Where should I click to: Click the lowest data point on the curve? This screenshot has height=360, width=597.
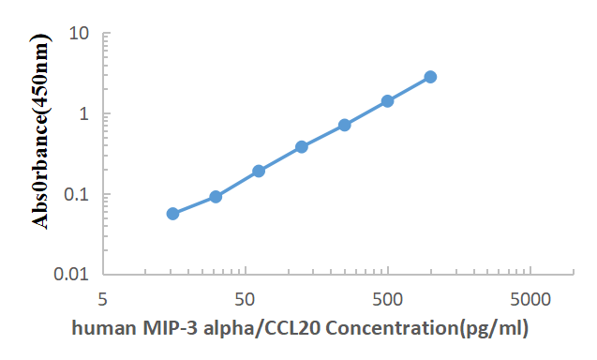[172, 214]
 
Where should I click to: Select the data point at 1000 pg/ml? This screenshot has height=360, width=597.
[430, 77]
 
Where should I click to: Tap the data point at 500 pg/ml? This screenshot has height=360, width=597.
[387, 101]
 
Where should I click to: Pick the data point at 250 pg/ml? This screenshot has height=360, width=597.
[345, 125]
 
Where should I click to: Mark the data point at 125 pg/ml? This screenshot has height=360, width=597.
[302, 147]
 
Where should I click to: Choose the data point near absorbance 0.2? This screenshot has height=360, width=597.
[259, 171]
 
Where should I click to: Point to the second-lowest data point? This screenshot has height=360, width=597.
[216, 197]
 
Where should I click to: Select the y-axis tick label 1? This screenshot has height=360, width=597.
[84, 114]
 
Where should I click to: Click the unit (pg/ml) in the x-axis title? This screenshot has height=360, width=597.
[496, 329]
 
